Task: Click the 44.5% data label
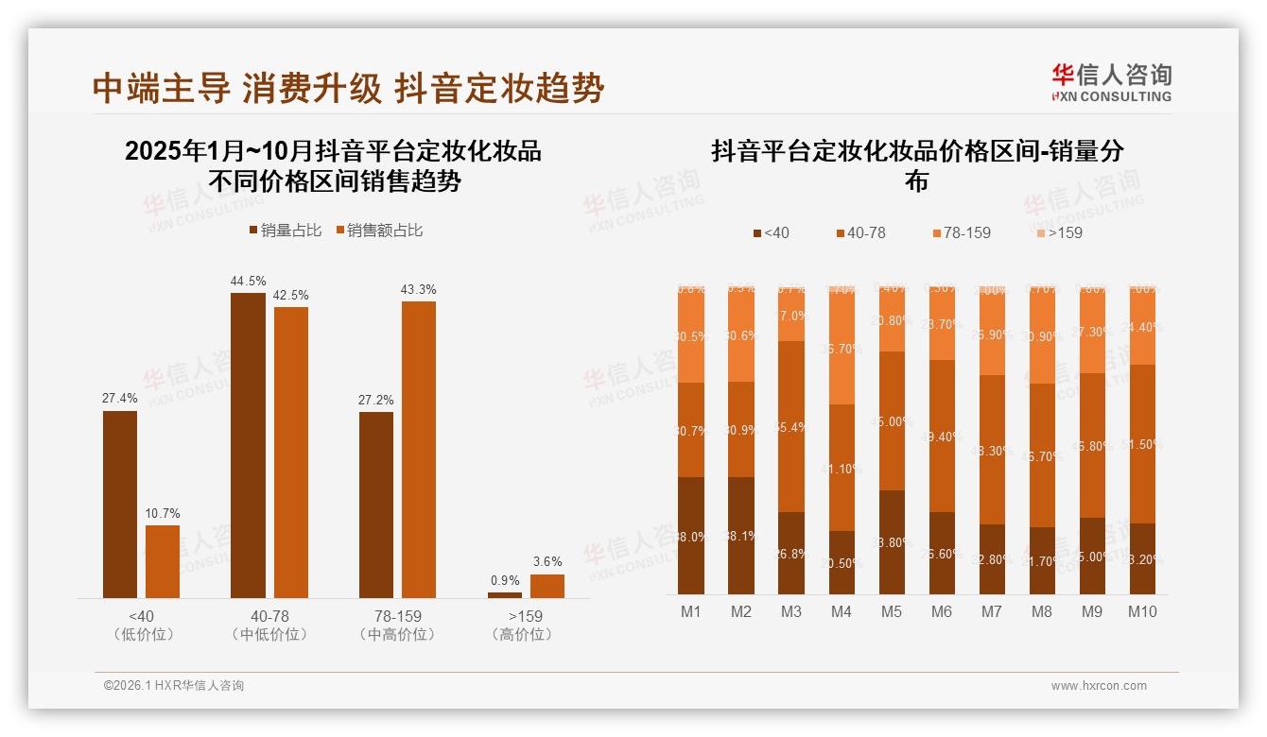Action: click(248, 281)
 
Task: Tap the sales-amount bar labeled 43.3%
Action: click(419, 449)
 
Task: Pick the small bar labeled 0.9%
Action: click(505, 594)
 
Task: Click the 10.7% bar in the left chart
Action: click(163, 561)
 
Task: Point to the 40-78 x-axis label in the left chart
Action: click(269, 616)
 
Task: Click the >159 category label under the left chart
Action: click(525, 616)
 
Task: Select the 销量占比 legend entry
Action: click(286, 230)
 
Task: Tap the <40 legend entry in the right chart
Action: click(771, 232)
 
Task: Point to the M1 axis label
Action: click(691, 611)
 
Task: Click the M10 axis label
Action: click(1142, 611)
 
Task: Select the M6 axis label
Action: click(942, 611)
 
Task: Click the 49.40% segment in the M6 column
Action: click(942, 437)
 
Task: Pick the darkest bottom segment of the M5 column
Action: click(892, 541)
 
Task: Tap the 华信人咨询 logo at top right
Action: click(1111, 82)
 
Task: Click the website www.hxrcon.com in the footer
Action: click(1099, 686)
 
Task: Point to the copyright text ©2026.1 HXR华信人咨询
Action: click(174, 686)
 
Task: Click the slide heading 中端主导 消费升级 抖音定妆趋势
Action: click(348, 89)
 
